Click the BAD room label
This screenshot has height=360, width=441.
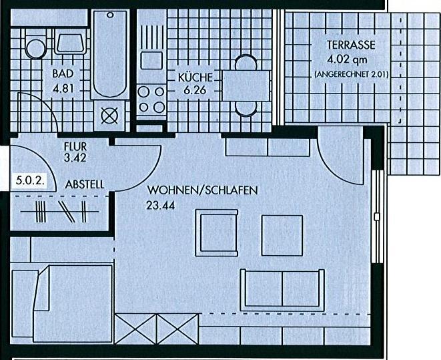63,73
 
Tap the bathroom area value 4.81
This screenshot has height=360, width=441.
63,89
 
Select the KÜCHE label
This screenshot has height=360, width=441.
195,77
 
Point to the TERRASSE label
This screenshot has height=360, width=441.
351,45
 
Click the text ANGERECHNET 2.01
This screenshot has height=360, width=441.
352,75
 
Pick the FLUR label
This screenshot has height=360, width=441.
75,147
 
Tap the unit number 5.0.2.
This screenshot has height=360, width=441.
30,180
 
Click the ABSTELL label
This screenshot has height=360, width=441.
84,184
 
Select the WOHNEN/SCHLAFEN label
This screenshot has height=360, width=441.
203,190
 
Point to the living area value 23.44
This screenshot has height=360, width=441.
160,205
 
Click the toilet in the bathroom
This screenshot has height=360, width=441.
36,47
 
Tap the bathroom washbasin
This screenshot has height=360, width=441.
71,43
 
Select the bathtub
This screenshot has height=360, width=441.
110,54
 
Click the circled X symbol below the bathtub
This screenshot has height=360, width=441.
109,116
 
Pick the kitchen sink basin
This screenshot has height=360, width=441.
151,60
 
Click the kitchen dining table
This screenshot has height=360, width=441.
246,85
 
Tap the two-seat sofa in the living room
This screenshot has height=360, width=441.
282,289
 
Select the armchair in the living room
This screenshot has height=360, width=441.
217,233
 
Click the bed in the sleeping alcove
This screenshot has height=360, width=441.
62,303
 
